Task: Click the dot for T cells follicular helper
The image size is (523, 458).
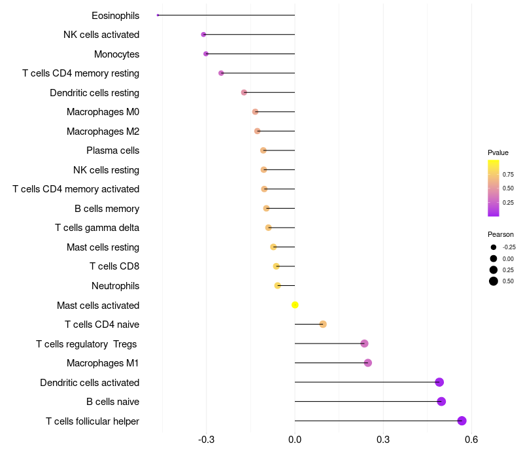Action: tap(462, 421)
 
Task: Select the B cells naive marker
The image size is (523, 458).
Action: tap(441, 402)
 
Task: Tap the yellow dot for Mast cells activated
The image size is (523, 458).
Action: tap(295, 305)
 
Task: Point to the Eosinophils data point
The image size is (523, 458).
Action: tap(158, 15)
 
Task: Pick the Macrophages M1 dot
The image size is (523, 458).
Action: tap(367, 363)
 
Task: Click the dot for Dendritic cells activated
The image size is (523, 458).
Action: tap(439, 382)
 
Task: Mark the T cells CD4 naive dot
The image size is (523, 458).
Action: tap(323, 325)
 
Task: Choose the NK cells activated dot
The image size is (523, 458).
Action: tap(203, 35)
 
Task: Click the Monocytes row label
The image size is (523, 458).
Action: tap(116, 54)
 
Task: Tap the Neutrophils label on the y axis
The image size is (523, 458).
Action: tap(115, 286)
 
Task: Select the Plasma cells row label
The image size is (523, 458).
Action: tap(112, 150)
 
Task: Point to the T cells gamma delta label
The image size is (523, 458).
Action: tap(97, 228)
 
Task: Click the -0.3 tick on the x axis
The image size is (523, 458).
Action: tap(207, 439)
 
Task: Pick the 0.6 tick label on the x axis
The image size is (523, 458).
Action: tap(471, 439)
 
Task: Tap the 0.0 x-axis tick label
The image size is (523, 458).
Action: tap(295, 439)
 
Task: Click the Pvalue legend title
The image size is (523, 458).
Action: tap(498, 152)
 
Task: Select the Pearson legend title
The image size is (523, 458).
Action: tap(500, 234)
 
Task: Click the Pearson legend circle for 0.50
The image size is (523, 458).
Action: tap(493, 281)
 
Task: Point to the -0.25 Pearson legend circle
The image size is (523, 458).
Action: tap(493, 247)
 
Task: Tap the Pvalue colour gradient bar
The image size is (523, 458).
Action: tap(494, 188)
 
